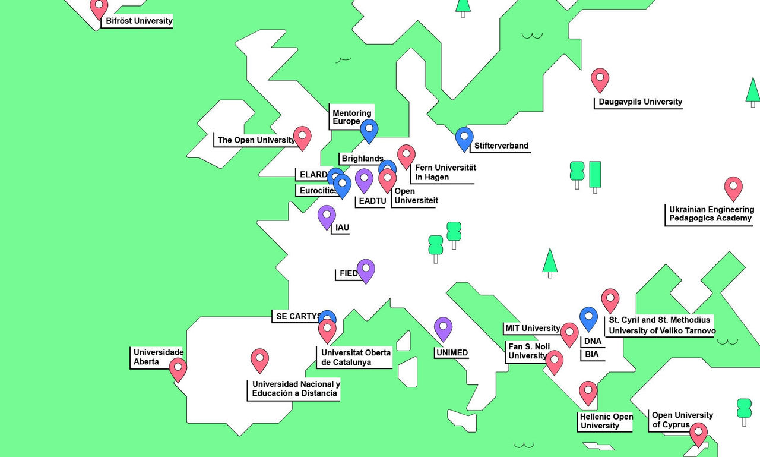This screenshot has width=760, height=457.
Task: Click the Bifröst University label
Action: (139, 21)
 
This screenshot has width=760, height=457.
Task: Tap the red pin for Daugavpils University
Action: (600, 78)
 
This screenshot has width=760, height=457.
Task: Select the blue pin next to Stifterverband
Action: (464, 138)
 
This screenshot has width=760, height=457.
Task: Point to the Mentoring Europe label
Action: (351, 117)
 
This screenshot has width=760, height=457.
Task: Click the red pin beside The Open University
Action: (302, 137)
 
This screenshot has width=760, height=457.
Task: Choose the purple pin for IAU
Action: (327, 216)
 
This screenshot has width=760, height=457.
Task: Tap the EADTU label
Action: (372, 201)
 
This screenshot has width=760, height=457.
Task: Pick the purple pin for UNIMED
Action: (443, 327)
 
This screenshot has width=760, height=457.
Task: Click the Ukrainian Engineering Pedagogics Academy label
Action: (711, 214)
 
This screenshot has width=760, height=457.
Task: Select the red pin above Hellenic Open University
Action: (588, 392)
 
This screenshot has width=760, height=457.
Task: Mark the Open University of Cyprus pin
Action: (698, 433)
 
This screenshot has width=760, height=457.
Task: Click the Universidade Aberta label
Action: (158, 357)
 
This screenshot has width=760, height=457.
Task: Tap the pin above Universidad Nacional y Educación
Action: (259, 359)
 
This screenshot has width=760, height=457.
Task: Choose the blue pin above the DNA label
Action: (588, 317)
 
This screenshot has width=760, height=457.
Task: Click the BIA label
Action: (591, 355)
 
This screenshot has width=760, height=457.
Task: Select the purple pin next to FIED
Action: (366, 270)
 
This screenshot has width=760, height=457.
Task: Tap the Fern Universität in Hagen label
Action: (445, 172)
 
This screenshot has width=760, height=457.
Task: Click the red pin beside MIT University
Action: (569, 333)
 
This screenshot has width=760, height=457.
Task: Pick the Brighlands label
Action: (362, 159)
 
